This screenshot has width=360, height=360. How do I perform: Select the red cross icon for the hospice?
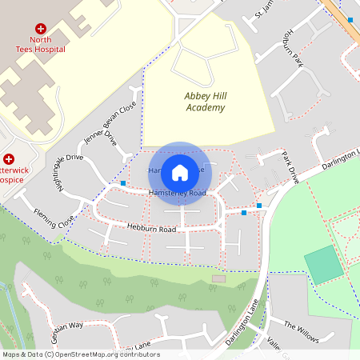point(9,159)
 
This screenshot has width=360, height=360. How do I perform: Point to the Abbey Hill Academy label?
point(205,102)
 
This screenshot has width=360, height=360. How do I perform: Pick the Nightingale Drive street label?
point(66,173)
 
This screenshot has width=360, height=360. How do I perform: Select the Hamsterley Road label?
point(178,194)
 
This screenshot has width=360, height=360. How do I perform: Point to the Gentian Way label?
point(66,327)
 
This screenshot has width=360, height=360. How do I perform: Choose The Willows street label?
point(302,325)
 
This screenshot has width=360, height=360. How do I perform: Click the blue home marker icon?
point(180,171)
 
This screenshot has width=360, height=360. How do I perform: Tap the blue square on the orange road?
point(350,19)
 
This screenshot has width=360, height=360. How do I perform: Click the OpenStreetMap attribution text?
point(80,354)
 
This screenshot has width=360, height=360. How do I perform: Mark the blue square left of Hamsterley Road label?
point(123,183)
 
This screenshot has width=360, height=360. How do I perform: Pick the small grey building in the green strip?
point(218,278)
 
